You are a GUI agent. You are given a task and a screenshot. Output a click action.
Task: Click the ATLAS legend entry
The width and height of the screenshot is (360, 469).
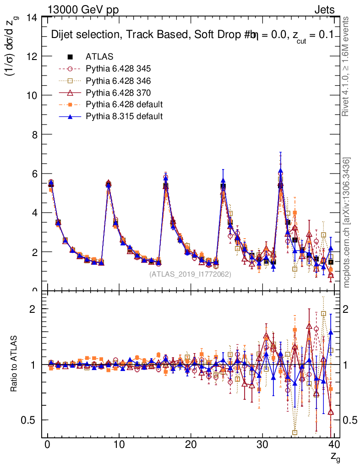[x=99, y=57]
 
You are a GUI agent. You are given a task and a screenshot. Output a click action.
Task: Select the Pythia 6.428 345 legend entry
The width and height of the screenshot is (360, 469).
[x=118, y=69]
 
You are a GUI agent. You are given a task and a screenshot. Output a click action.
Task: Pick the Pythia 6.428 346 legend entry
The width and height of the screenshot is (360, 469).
[x=118, y=81]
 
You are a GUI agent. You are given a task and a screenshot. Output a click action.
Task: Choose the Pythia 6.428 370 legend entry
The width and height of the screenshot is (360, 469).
[x=118, y=93]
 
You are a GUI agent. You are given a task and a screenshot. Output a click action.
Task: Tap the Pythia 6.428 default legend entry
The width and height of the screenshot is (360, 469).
[x=124, y=104]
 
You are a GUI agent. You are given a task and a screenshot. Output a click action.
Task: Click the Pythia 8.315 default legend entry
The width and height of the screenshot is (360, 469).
[x=124, y=116]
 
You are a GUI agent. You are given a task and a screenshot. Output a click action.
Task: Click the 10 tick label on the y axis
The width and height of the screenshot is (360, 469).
[x=32, y=96]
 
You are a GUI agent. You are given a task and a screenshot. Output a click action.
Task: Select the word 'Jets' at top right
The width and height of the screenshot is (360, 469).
[x=324, y=10]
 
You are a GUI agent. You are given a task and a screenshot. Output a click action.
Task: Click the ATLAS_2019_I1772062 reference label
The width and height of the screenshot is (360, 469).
[x=190, y=274]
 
